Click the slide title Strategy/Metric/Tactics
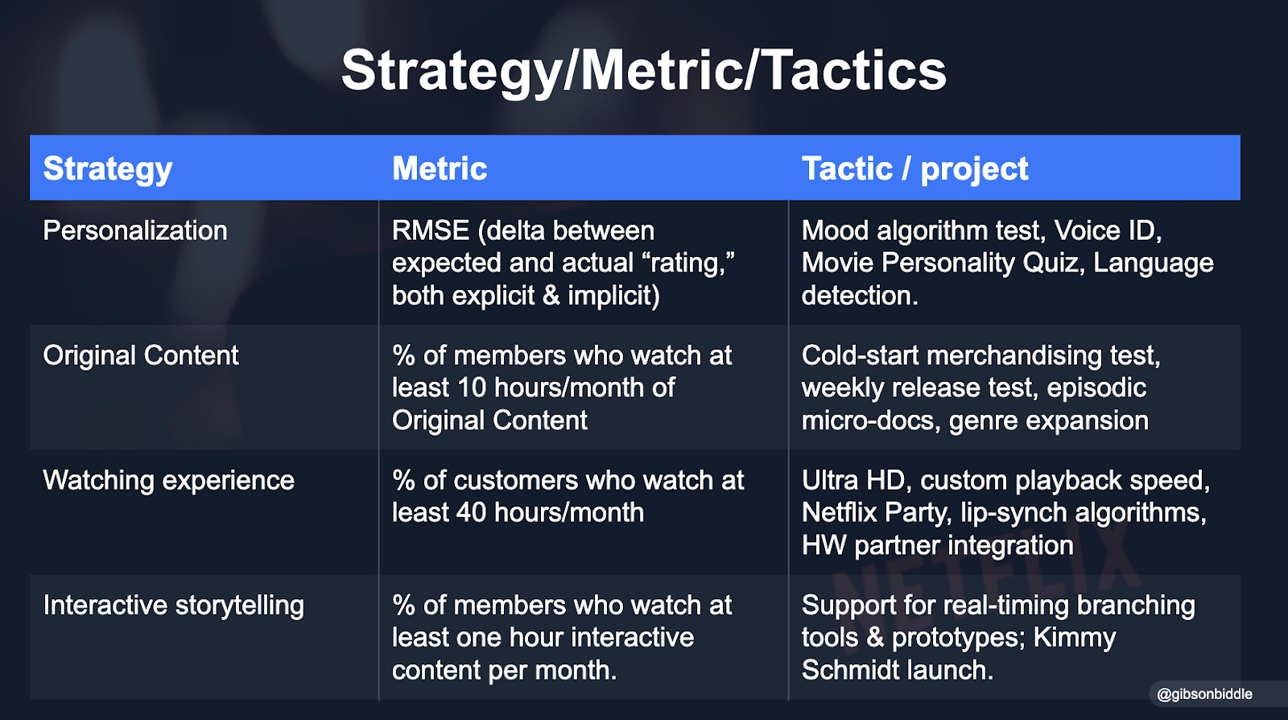tap(643, 71)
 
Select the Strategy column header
tap(108, 169)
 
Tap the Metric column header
tap(440, 169)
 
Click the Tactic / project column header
tap(914, 169)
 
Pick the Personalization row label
tap(135, 231)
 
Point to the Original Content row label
tap(141, 356)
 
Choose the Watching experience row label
tap(169, 481)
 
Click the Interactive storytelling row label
tap(174, 606)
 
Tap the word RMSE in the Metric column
tap(431, 231)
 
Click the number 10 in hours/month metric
tap(472, 388)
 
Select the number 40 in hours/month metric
tap(472, 513)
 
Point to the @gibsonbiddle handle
tap(1204, 694)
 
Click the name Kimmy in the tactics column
tap(1074, 638)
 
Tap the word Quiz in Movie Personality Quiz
tap(1051, 263)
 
